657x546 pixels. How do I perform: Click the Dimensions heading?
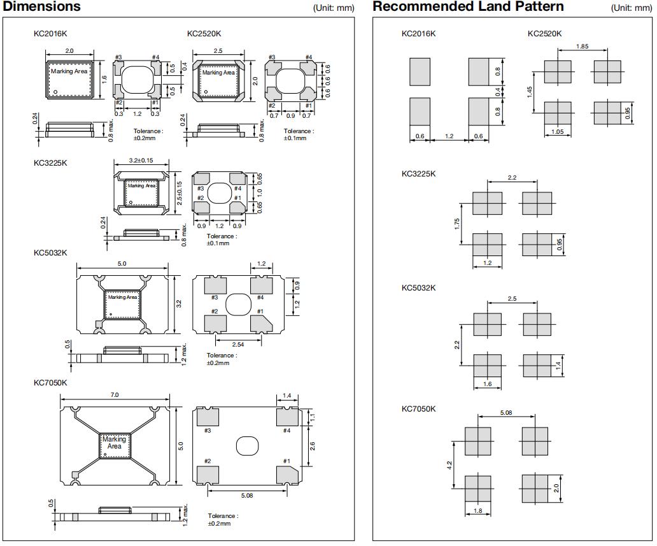point(42,7)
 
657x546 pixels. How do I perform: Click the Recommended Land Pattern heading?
point(468,7)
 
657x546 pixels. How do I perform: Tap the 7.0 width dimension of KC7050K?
point(115,396)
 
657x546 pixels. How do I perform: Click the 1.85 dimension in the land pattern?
point(581,47)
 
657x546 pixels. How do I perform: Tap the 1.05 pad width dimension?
point(557,132)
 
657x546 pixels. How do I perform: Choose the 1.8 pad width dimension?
point(477,510)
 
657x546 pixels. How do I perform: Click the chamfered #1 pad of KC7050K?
point(286,475)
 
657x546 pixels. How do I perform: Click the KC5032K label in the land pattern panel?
point(418,288)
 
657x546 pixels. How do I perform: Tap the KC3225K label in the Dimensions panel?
point(50,163)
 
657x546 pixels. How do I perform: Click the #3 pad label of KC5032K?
point(215,298)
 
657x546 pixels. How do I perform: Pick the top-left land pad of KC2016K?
point(420,72)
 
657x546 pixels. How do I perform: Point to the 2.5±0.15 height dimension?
point(180,192)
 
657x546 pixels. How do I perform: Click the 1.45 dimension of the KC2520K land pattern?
point(530,92)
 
